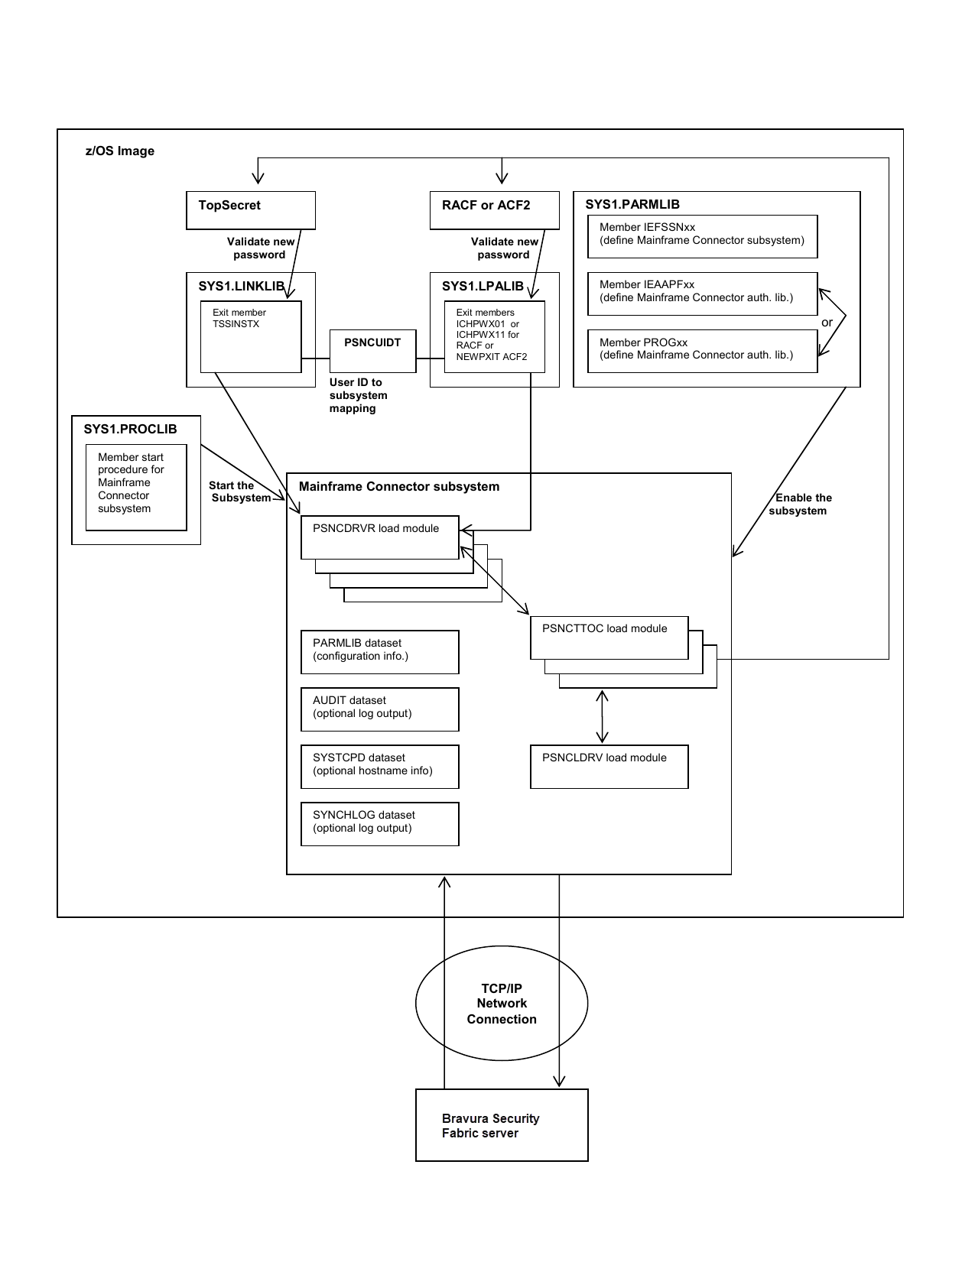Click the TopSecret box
[x=251, y=210]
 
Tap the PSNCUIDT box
[x=372, y=351]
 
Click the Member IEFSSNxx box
[x=702, y=236]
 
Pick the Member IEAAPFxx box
[x=702, y=294]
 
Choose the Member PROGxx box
[x=702, y=351]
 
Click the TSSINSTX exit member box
[x=251, y=336]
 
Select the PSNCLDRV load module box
[x=609, y=767]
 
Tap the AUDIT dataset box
[x=379, y=709]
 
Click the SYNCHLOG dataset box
[x=379, y=824]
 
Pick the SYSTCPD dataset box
[x=379, y=767]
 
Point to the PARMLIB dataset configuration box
[x=379, y=652]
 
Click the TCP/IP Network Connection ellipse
[x=502, y=1004]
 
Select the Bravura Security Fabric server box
[x=502, y=1125]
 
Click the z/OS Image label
[x=120, y=151]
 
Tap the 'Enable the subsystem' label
[x=800, y=504]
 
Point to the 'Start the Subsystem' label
[x=239, y=491]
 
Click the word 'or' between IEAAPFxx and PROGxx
[x=827, y=323]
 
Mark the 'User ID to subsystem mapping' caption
[x=358, y=395]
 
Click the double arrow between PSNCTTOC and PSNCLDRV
[x=603, y=716]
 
